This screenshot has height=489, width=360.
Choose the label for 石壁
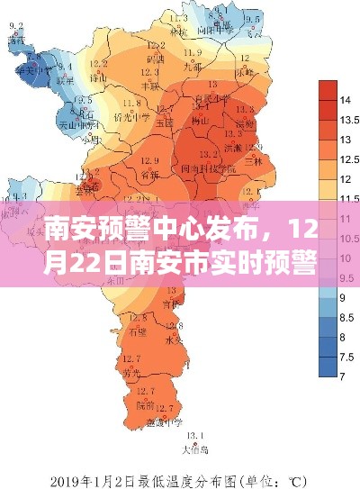[137, 331]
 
